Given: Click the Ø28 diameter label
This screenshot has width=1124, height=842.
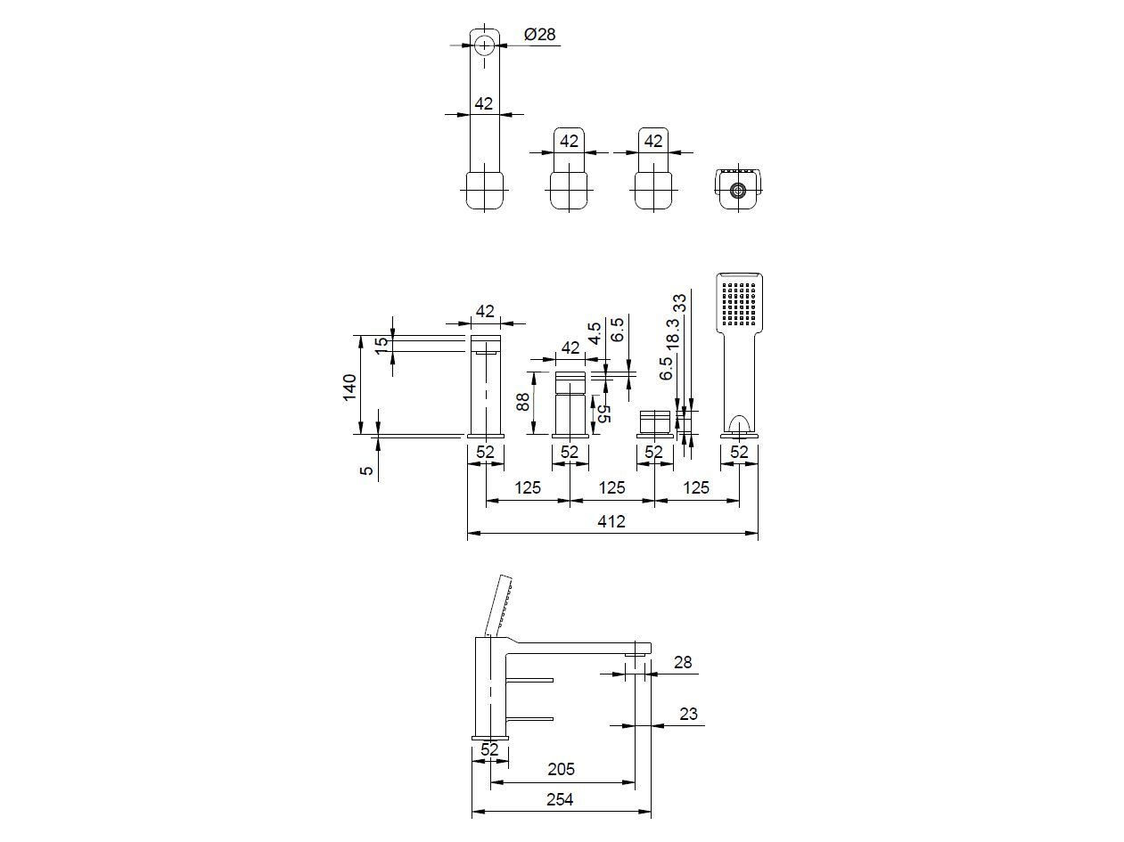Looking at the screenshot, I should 540,34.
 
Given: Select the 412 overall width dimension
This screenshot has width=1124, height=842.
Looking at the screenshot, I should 612,521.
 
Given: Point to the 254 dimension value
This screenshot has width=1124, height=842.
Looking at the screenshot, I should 559,799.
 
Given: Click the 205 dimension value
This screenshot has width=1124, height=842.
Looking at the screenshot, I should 561,769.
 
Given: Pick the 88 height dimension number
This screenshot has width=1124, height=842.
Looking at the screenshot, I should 523,402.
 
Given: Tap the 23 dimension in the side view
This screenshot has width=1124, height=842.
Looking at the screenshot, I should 688,714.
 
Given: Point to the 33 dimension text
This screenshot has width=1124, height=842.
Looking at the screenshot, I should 680,303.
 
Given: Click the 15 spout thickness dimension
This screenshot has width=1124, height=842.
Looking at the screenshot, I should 382,345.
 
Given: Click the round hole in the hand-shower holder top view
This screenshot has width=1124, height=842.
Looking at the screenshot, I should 737,190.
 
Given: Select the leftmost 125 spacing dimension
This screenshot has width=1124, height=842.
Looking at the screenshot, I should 528,487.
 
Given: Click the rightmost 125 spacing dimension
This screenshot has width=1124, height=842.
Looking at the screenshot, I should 696,487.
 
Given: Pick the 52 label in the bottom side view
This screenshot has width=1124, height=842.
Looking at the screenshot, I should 489,749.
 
